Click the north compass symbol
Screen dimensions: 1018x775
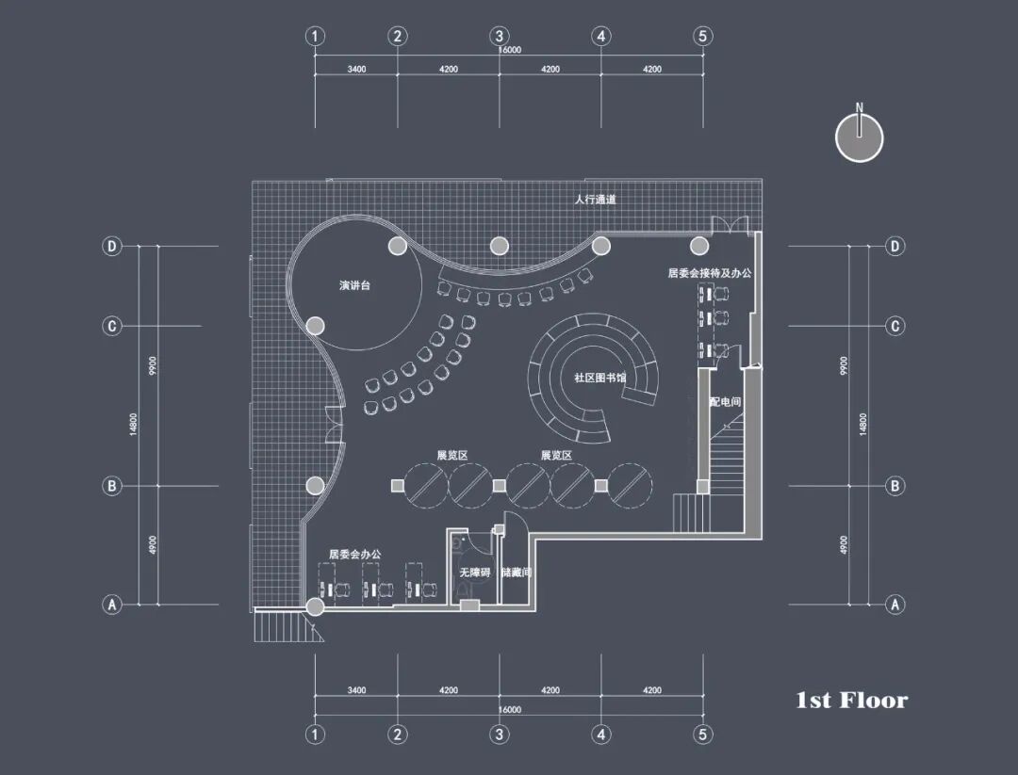click(859, 137)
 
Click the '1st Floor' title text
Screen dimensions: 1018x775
click(851, 700)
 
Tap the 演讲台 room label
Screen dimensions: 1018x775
click(355, 284)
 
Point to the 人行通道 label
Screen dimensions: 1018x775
click(596, 200)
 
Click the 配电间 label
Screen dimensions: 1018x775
click(725, 402)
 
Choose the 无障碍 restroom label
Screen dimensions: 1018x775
click(474, 573)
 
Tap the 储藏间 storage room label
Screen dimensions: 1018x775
click(517, 573)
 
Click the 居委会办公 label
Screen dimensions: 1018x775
click(355, 555)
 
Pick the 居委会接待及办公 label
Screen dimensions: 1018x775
click(710, 273)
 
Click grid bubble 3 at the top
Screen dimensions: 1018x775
click(500, 37)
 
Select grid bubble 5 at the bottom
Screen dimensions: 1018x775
click(702, 735)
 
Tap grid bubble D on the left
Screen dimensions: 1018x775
click(112, 247)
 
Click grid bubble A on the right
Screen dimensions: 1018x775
click(895, 605)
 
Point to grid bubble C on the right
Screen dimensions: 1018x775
click(895, 327)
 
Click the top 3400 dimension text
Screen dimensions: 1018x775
click(356, 69)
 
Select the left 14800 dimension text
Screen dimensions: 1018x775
click(134, 425)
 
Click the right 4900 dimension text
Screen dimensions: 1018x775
click(845, 544)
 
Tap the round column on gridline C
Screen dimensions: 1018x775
click(316, 326)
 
